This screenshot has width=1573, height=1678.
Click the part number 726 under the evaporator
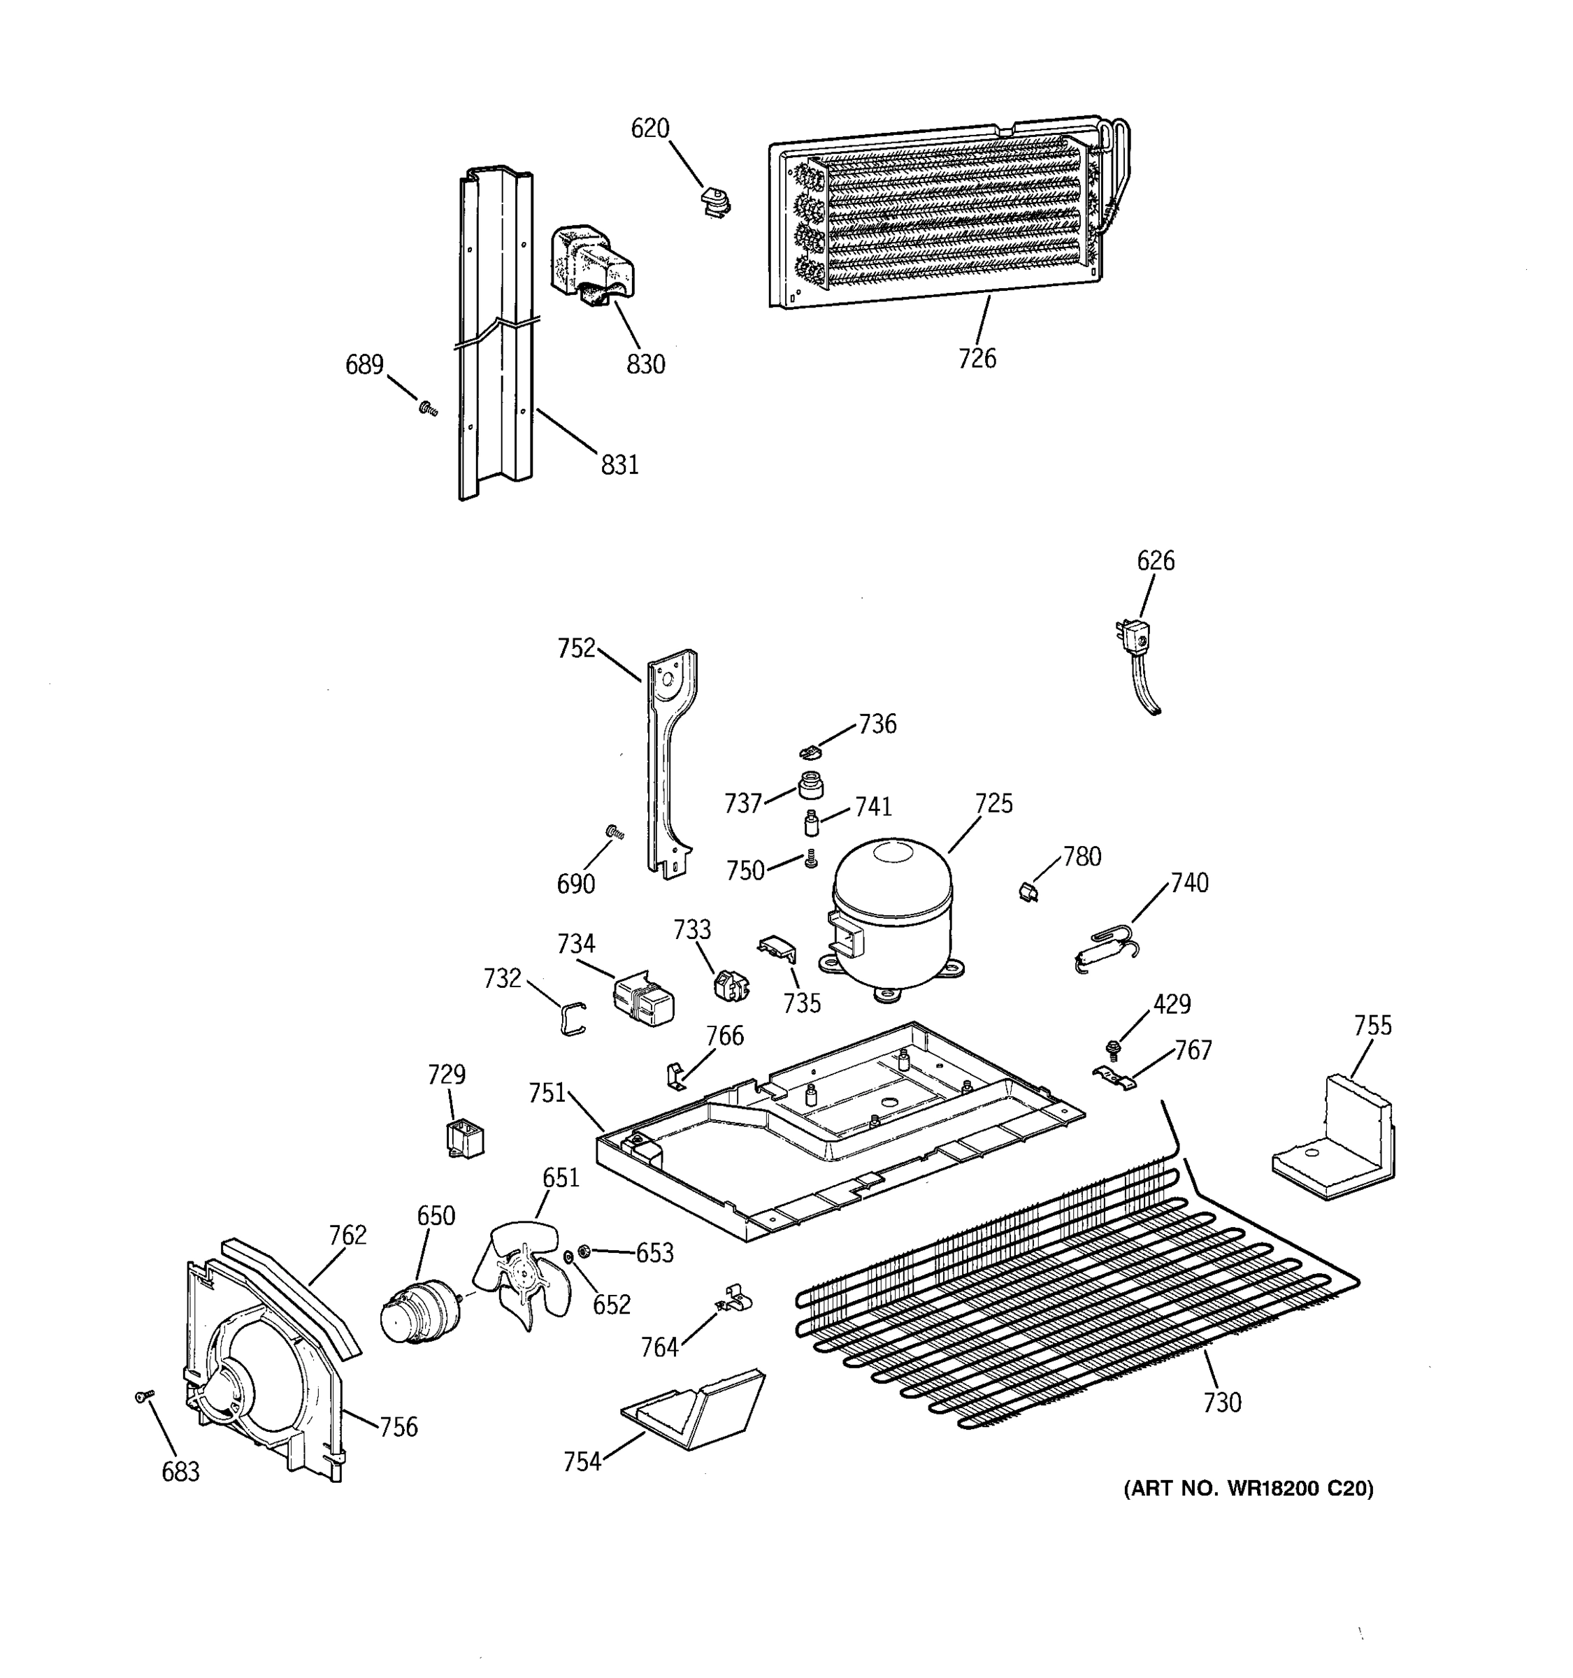coord(977,359)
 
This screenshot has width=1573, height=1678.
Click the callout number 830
coord(645,365)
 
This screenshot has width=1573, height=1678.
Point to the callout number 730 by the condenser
coord(1222,1402)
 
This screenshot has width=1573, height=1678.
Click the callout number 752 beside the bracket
coord(575,648)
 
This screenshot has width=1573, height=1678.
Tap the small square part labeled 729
coord(464,1139)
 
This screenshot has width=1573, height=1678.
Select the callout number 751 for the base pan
coord(547,1093)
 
